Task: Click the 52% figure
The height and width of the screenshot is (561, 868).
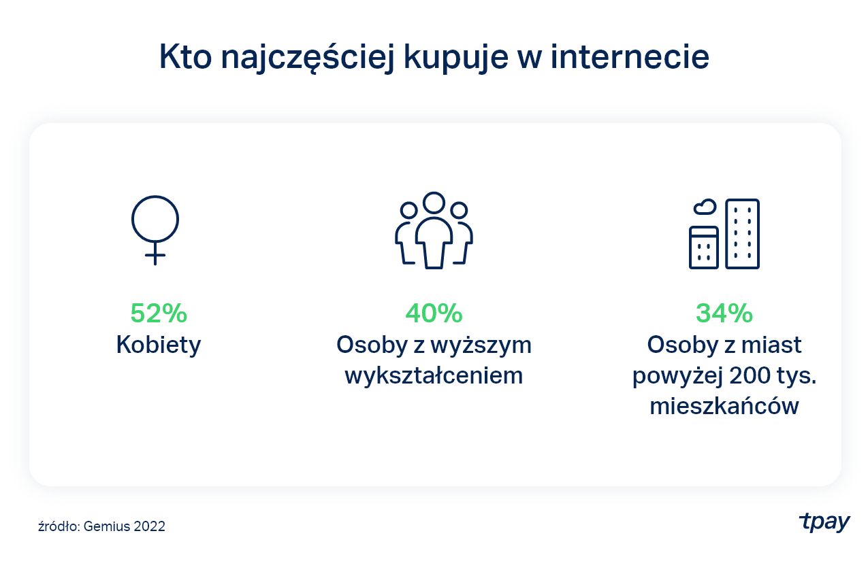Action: pyautogui.click(x=159, y=313)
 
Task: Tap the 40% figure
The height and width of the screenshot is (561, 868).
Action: pyautogui.click(x=434, y=313)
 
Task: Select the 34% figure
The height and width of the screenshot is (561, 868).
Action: pyautogui.click(x=724, y=313)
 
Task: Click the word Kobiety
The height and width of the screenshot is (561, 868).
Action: pyautogui.click(x=159, y=345)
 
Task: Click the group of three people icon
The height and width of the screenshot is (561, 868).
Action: pyautogui.click(x=434, y=231)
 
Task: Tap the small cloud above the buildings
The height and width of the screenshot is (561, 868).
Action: pyautogui.click(x=705, y=207)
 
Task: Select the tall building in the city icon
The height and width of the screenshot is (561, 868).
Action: pyautogui.click(x=742, y=234)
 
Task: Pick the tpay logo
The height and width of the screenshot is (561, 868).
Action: pyautogui.click(x=824, y=522)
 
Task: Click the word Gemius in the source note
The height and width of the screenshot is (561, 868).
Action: pyautogui.click(x=108, y=526)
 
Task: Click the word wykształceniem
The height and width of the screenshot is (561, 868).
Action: pyautogui.click(x=434, y=375)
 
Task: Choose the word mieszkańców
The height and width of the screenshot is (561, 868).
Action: pyautogui.click(x=724, y=406)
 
